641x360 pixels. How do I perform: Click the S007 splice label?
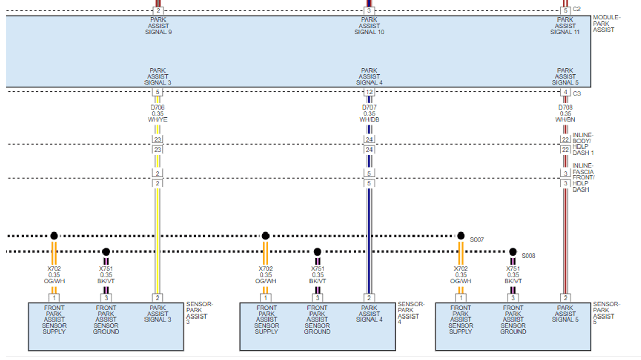(477, 239)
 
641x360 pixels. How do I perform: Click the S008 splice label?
(528, 256)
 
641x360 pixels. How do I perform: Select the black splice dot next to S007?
(461, 236)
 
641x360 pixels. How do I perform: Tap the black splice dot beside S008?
(513, 252)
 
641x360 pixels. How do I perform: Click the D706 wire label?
(157, 108)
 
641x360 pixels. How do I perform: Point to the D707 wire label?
(369, 108)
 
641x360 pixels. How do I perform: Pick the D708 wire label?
(565, 108)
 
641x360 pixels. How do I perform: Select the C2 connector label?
(576, 9)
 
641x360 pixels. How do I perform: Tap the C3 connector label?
(576, 93)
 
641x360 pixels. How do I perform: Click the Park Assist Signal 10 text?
(369, 26)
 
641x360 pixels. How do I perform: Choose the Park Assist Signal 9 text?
(158, 26)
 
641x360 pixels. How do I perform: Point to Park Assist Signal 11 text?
(565, 26)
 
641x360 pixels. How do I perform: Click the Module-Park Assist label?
(606, 24)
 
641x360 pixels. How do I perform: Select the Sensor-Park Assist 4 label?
(410, 313)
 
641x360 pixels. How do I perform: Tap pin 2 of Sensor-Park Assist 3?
(158, 298)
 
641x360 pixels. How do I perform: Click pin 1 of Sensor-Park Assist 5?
(461, 298)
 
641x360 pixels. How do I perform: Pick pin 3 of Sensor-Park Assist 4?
(317, 298)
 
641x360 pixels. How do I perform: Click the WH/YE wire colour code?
(157, 120)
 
